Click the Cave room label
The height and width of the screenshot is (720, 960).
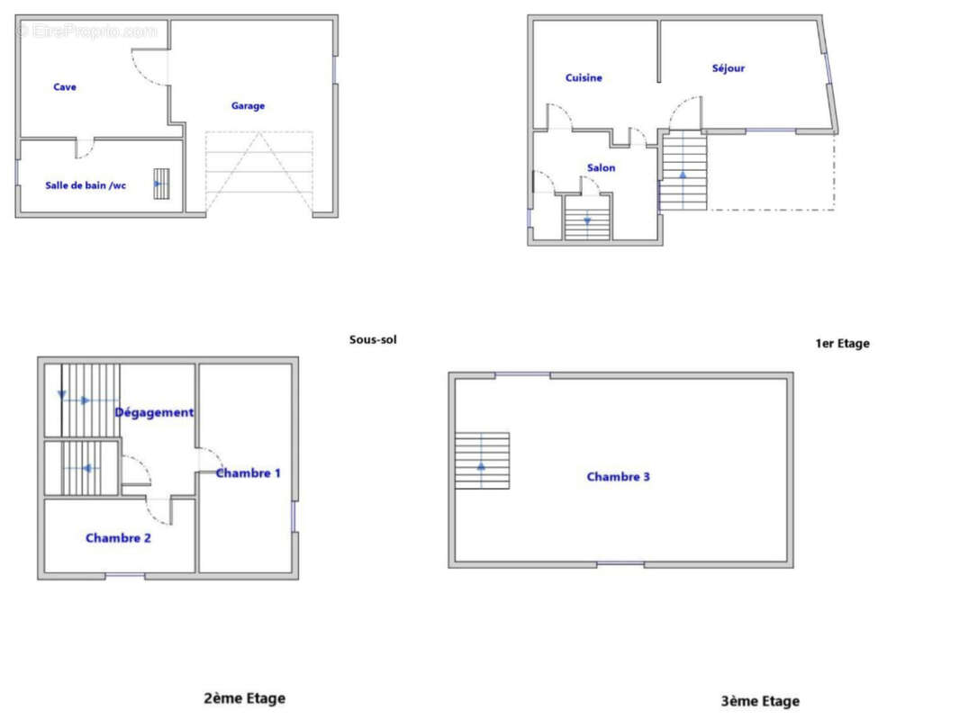pos(65,87)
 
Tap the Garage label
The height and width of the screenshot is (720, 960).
pos(248,106)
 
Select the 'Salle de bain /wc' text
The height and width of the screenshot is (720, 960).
pos(86,185)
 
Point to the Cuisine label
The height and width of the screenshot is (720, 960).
pos(584,77)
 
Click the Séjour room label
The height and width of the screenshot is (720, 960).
pos(729,67)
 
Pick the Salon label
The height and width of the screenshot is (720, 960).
pos(602,167)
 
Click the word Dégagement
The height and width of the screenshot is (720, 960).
pos(154,413)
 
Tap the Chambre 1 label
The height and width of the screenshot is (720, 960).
pos(248,472)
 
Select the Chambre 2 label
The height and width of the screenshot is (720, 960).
pos(118,537)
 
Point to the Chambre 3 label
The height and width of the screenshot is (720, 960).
pos(619,476)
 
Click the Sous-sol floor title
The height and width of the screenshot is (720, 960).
pos(373,339)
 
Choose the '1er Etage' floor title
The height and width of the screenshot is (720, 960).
pos(842,343)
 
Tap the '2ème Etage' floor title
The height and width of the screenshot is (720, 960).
pos(244,698)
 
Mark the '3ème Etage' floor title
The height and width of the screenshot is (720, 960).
pos(760,701)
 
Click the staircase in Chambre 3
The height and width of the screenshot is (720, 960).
pos(483,461)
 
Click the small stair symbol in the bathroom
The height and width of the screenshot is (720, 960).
pos(161,184)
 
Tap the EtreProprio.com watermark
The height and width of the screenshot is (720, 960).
pos(87,31)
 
